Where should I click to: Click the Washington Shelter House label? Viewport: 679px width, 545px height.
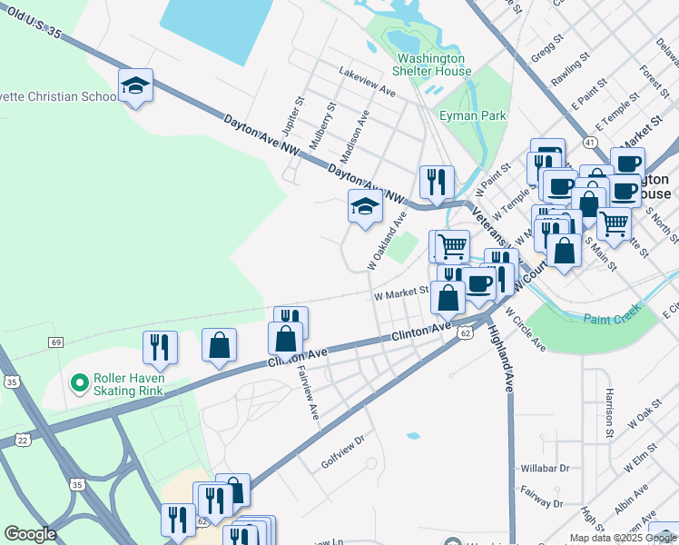pyautogui.click(x=433, y=64)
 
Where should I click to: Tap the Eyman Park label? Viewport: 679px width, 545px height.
pyautogui.click(x=473, y=116)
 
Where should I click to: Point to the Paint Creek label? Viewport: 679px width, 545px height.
pyautogui.click(x=612, y=313)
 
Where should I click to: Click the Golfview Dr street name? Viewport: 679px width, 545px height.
pyautogui.click(x=342, y=451)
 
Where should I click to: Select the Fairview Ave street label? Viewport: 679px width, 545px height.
pyautogui.click(x=310, y=397)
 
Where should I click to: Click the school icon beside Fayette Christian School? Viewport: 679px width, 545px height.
pyautogui.click(x=135, y=86)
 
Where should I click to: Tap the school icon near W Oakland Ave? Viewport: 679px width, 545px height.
pyautogui.click(x=365, y=207)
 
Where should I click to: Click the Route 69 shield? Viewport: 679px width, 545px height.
pyautogui.click(x=56, y=342)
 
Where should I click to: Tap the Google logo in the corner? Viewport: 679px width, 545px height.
pyautogui.click(x=30, y=534)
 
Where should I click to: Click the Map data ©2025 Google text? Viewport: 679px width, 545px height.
pyautogui.click(x=622, y=538)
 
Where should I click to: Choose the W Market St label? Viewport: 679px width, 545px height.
pyautogui.click(x=401, y=293)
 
